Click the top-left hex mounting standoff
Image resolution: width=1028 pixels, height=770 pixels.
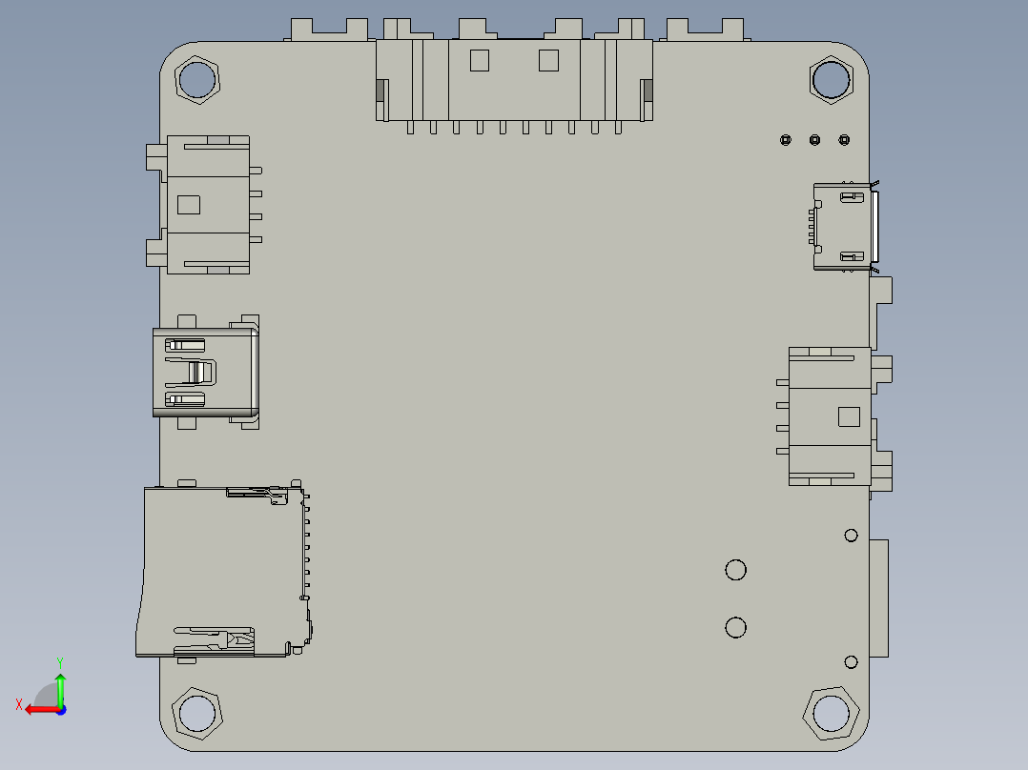coord(197,80)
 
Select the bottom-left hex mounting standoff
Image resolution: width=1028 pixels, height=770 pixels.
coord(196,713)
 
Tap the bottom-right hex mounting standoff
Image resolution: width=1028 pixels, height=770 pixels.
coord(831,713)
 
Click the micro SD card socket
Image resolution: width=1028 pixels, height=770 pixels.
coord(224,572)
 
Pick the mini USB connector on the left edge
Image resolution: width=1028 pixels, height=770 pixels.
coord(204,373)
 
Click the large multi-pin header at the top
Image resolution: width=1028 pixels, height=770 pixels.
coord(514,82)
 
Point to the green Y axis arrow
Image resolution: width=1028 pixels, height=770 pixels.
coord(60,686)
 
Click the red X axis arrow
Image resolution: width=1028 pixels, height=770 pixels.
coord(38,709)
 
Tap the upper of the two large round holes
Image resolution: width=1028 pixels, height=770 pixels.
coord(735,570)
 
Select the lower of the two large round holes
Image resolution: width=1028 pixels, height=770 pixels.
coord(735,627)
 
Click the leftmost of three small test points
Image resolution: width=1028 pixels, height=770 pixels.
coord(785,140)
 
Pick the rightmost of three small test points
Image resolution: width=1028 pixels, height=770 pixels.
coord(844,140)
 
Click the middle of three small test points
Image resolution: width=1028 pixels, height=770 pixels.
coord(814,140)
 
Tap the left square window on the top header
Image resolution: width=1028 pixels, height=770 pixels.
coord(479,60)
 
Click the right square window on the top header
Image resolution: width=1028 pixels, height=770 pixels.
coord(548,60)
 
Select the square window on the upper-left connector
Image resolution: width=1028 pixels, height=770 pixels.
coord(189,204)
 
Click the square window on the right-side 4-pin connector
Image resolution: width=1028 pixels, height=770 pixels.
coord(848,416)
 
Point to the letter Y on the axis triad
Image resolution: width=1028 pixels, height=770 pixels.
coord(60,661)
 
